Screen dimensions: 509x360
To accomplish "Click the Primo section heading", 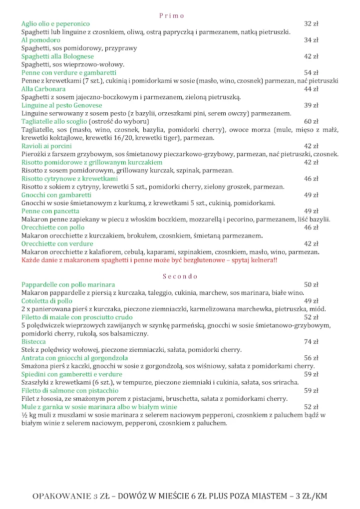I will coord(172,15).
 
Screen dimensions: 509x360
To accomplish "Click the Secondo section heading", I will coord(180,276).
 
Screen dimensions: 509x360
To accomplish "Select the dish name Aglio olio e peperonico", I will coord(55,24).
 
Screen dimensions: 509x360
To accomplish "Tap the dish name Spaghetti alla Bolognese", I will coord(57,56).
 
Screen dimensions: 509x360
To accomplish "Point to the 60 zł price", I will coord(311,122).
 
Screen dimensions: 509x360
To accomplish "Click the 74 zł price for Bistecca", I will coord(311,342).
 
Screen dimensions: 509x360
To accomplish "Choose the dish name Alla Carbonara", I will coord(43,89).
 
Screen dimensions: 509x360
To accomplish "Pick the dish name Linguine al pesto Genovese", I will coord(61,105).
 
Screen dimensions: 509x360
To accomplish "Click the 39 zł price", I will coord(311,105).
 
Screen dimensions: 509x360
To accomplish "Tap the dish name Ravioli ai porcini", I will coord(46,146).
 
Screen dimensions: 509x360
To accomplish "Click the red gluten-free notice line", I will coord(149,260).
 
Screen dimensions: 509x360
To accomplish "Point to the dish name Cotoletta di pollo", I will coord(47,301).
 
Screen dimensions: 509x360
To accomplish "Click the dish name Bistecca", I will coord(33,342).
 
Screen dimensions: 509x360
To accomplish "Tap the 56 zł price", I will coord(311,358).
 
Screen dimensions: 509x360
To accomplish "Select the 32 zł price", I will coord(311,24).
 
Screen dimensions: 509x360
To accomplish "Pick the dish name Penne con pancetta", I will coord(50,211).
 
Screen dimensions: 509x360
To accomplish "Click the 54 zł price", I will coord(311,73).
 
